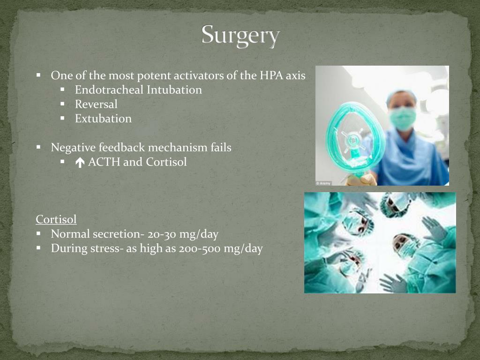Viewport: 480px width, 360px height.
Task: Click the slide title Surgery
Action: coord(240,36)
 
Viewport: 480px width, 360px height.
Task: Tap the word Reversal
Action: coord(96,105)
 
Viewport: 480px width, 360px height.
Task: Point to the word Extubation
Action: coord(103,119)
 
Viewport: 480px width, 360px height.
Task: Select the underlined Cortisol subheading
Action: coord(56,219)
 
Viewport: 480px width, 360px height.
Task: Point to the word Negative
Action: coord(73,148)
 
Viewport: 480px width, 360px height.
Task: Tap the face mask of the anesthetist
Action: coord(402,117)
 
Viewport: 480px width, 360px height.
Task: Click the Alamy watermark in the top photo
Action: coord(323,183)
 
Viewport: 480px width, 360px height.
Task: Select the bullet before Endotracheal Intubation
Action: coord(62,90)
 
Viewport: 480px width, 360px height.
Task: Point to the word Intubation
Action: coord(174,90)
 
